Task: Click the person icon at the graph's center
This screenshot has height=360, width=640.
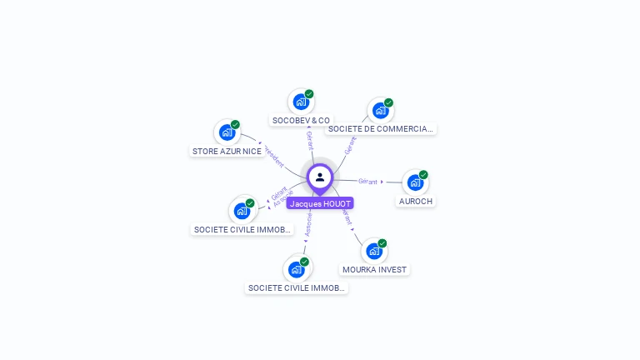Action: coord(320,177)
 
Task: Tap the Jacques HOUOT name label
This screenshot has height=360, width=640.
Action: coord(320,203)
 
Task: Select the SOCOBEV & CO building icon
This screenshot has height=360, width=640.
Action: coord(300,102)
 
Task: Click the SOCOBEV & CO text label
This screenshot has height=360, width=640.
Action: coord(301,120)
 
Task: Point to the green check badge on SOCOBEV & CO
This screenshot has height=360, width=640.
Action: coord(309,94)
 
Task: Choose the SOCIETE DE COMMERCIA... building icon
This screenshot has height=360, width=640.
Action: coord(380,110)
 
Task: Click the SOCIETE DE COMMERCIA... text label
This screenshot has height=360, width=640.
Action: coord(381,128)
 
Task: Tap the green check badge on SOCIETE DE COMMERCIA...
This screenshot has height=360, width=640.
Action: coord(388,103)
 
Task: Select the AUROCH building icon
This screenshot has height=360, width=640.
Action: coord(415,182)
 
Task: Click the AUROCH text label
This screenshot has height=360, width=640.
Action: coord(416,201)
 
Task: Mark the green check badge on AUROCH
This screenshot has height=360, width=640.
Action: coord(423,175)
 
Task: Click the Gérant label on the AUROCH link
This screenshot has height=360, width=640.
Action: coord(367,181)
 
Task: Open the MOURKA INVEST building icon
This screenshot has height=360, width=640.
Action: coord(374,251)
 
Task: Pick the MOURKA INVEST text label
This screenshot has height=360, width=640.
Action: coord(375,269)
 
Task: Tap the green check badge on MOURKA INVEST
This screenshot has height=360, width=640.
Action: coord(382,243)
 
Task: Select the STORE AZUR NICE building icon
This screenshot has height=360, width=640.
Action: coord(227,132)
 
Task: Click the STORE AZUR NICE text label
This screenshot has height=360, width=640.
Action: coord(227,151)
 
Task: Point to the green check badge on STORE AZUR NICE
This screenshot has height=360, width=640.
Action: coord(235,124)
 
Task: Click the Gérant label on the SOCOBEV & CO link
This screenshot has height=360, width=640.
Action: coord(309,140)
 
